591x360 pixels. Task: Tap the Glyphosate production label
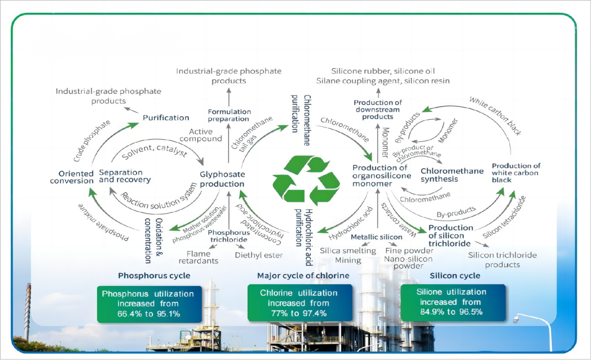pos(222,179)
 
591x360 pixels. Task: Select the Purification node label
pos(166,118)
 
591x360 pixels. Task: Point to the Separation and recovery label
pos(124,176)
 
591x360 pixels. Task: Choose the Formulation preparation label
pos(229,115)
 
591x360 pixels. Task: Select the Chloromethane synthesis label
pos(452,175)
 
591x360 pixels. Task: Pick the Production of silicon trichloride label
pos(451,235)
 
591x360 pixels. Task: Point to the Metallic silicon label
pos(377,237)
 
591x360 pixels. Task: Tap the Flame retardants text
pos(195,257)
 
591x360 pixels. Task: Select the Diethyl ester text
pos(259,255)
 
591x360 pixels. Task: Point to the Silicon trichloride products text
pos(502,260)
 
